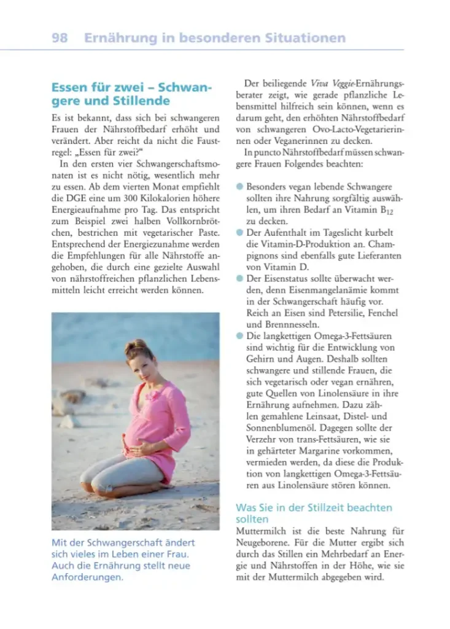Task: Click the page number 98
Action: [x=60, y=38]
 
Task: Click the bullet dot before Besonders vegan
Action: [x=239, y=186]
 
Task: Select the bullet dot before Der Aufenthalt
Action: [x=239, y=233]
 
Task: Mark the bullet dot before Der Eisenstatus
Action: [x=239, y=278]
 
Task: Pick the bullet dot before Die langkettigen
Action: [x=239, y=336]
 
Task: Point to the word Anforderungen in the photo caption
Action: [x=87, y=577]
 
